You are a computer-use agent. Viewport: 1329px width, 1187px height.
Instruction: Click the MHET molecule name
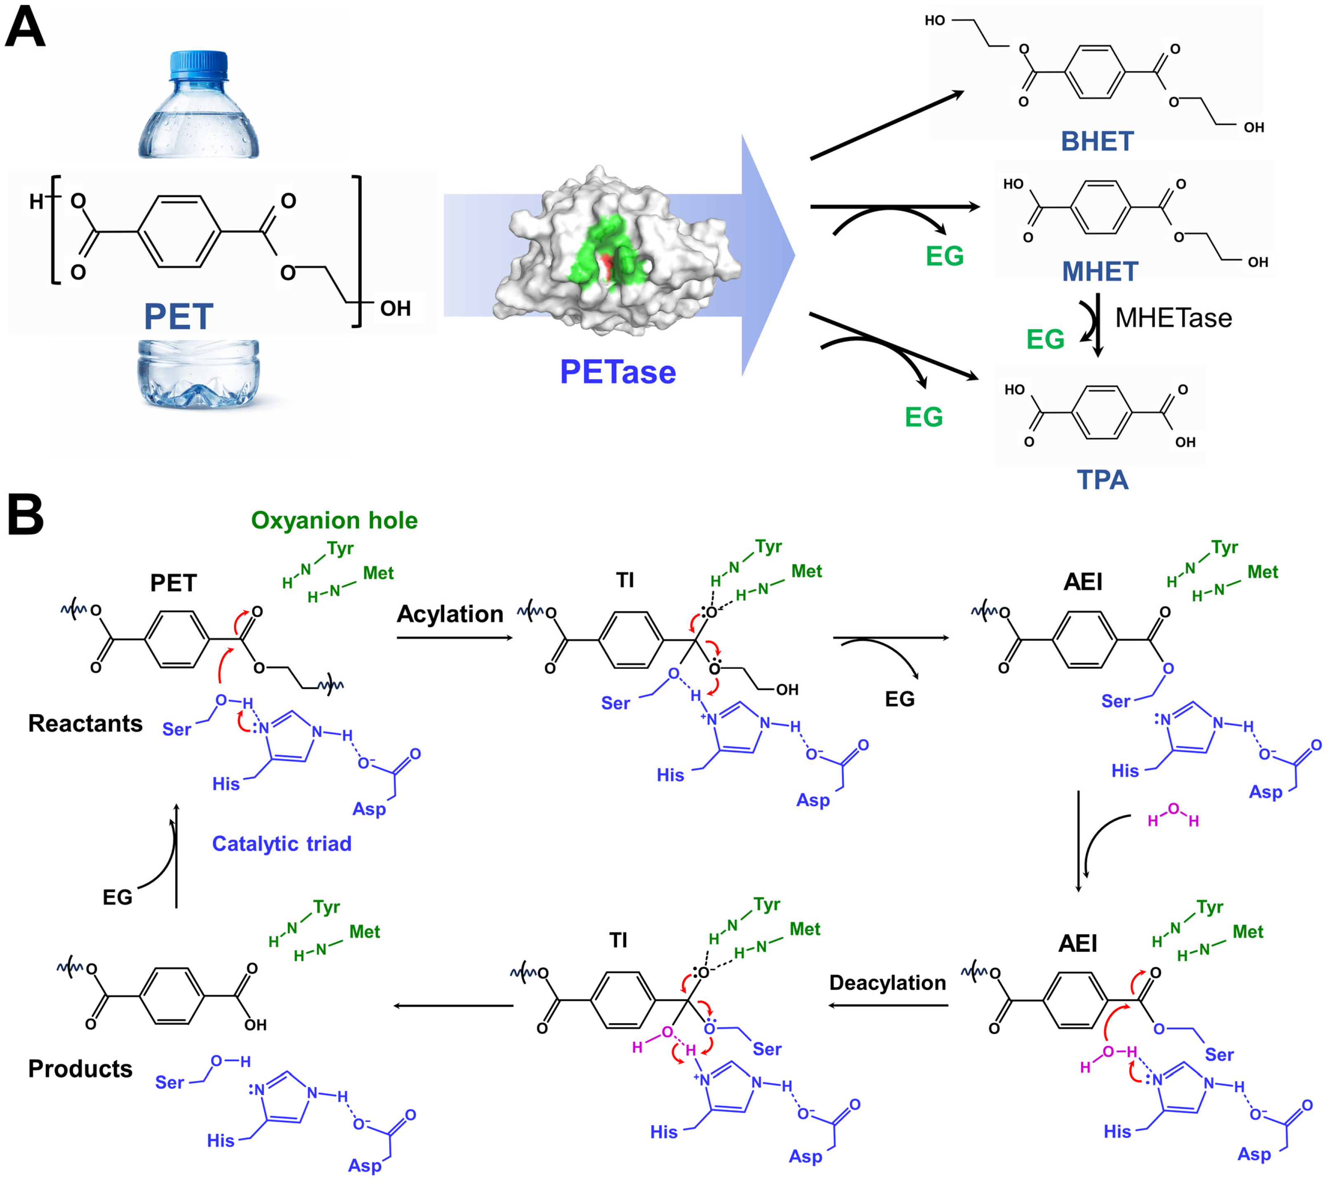(x=1100, y=272)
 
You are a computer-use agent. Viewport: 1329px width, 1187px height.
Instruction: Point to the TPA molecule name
(x=1102, y=479)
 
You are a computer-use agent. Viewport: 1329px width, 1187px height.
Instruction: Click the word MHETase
(x=1173, y=318)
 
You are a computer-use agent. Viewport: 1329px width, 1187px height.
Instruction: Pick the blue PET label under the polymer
(x=178, y=317)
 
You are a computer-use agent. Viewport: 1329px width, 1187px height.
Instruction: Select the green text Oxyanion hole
(x=334, y=520)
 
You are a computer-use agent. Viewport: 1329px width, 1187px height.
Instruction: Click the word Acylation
(x=450, y=614)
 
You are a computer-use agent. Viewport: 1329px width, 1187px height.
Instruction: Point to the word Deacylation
(x=887, y=982)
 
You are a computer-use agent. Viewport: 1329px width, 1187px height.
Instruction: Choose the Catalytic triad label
(x=282, y=844)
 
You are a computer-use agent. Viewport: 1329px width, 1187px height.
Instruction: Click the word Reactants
(x=85, y=723)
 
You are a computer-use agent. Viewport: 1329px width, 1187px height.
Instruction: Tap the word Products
(x=80, y=1069)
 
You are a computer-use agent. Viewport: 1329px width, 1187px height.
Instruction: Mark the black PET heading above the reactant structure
(x=174, y=583)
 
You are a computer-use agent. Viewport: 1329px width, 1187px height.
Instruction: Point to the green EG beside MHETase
(x=1045, y=339)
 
